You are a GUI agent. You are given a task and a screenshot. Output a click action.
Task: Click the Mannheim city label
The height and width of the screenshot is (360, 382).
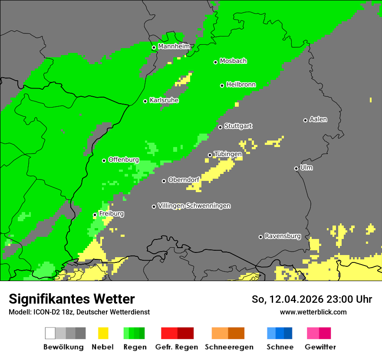tap(174, 46)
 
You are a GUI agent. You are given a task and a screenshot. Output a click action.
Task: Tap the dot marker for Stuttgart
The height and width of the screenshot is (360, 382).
tap(221, 127)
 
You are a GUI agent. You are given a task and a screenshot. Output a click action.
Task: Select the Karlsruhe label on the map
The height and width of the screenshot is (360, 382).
tap(164, 100)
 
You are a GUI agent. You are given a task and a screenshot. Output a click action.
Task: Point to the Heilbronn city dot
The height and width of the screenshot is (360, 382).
tap(222, 85)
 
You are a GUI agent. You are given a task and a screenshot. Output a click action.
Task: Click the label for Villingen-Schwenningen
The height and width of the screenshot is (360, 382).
tap(194, 206)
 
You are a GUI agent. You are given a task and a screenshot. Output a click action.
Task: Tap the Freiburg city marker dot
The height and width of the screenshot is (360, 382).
tap(95, 215)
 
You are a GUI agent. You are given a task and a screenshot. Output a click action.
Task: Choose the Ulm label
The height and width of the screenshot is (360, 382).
tap(306, 167)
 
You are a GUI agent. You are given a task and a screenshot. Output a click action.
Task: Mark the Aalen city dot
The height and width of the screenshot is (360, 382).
tap(306, 120)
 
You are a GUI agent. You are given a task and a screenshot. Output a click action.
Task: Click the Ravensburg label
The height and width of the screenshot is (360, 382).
tap(283, 236)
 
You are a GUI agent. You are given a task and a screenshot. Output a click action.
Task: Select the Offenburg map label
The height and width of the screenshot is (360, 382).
tap(123, 160)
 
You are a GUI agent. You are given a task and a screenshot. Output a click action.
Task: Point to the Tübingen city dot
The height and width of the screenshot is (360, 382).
tap(210, 155)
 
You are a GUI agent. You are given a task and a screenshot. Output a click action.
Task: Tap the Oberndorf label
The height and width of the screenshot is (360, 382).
tap(184, 180)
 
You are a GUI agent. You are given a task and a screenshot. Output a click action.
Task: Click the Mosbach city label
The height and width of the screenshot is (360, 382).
tap(233, 61)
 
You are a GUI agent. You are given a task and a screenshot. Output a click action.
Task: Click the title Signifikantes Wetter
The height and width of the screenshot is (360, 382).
tap(72, 299)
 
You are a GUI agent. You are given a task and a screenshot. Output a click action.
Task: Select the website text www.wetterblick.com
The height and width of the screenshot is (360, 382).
tap(313, 312)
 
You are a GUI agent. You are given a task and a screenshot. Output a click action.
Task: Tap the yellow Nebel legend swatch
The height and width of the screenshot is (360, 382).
tap(103, 333)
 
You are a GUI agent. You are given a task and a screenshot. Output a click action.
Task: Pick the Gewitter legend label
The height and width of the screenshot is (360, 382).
tap(320, 347)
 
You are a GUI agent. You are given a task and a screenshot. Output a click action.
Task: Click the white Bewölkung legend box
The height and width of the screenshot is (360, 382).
tap(50, 333)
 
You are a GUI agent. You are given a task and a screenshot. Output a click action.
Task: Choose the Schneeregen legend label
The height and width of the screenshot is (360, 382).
tap(229, 347)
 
